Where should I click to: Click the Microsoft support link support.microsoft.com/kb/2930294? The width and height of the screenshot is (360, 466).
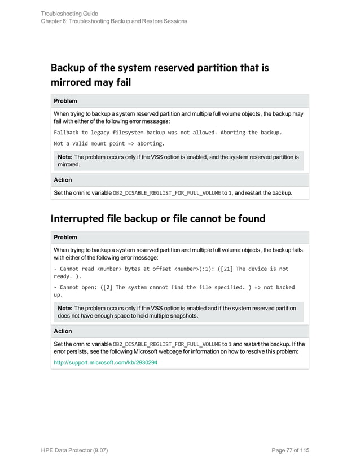(x=106, y=362)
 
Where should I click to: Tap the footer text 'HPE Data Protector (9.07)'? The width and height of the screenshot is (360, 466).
(x=76, y=450)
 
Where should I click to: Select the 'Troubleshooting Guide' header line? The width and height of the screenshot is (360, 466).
(x=69, y=13)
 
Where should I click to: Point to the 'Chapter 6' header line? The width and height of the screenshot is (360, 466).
(x=114, y=21)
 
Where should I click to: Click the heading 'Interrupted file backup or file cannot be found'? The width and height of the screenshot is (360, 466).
(x=158, y=218)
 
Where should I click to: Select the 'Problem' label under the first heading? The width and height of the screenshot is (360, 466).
(x=65, y=101)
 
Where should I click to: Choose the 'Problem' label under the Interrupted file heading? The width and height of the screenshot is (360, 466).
(x=65, y=237)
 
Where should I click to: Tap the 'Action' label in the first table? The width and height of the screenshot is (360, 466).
(x=63, y=180)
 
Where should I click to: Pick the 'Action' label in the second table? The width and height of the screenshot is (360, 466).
(x=63, y=331)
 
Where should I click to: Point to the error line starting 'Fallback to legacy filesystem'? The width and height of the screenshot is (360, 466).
(x=167, y=132)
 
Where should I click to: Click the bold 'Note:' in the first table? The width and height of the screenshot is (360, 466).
(x=65, y=157)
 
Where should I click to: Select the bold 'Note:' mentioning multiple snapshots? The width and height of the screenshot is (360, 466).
(x=65, y=309)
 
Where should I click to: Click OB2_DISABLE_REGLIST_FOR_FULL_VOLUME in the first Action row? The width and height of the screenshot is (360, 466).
(x=167, y=193)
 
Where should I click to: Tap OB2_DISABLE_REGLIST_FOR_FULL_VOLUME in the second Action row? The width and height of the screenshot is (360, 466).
(x=167, y=344)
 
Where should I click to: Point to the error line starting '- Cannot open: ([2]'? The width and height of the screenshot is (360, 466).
(x=174, y=287)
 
